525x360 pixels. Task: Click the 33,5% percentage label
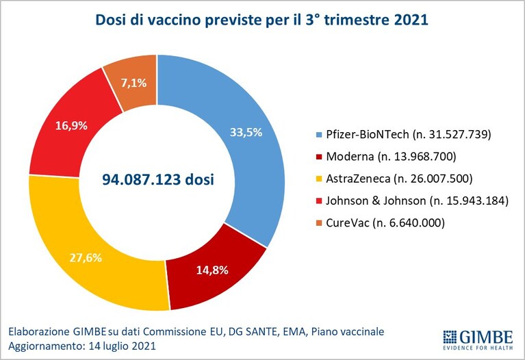tap(246, 132)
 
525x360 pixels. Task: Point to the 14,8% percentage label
tap(212, 270)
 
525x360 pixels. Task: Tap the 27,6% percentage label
tap(86, 258)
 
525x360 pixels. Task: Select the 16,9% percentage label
tap(71, 125)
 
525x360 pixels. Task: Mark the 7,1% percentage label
tap(133, 83)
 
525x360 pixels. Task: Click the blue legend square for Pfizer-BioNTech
tap(319, 135)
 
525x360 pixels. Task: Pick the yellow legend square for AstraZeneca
tap(319, 179)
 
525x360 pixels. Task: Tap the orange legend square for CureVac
tap(319, 223)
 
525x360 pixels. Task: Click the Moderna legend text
tap(391, 157)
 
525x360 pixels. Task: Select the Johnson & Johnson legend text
tap(417, 201)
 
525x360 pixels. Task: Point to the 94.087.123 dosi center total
tap(158, 179)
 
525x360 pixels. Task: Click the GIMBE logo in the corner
tap(478, 339)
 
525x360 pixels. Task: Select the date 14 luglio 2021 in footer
tap(123, 346)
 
